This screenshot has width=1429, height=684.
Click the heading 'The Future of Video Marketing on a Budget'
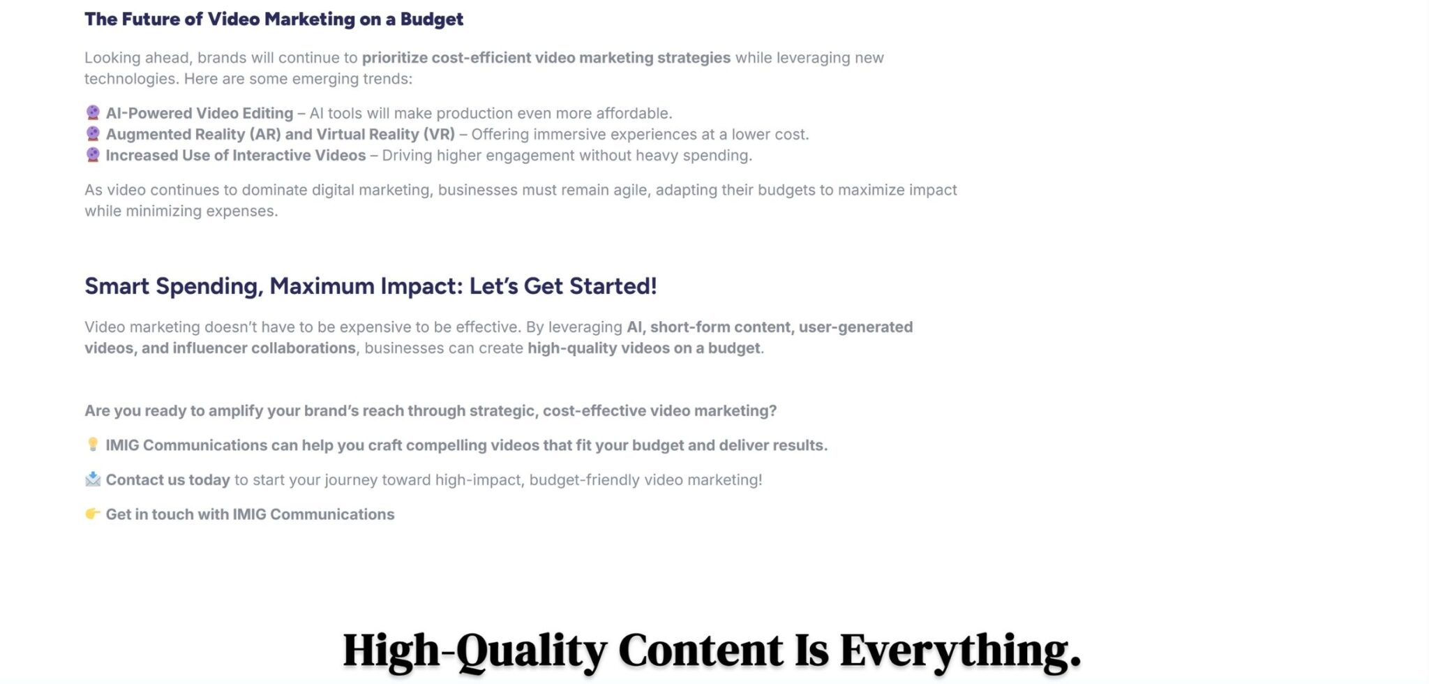tap(274, 20)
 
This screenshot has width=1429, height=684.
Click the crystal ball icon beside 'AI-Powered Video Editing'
tap(93, 112)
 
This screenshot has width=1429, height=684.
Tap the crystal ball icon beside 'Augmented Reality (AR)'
tap(93, 133)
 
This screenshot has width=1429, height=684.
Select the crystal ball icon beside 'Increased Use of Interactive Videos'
tap(93, 154)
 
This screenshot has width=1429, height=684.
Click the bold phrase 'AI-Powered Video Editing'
tap(200, 113)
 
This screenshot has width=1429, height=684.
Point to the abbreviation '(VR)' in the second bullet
tap(439, 134)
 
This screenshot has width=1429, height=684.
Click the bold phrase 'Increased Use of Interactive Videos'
tap(236, 155)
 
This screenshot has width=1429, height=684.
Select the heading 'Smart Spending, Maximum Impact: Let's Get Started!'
tap(371, 286)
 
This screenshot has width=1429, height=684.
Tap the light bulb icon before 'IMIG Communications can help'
tap(93, 444)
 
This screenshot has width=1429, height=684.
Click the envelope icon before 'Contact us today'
tap(93, 479)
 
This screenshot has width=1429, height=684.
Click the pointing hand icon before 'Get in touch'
tap(93, 514)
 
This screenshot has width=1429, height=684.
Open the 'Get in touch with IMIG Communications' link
tap(250, 514)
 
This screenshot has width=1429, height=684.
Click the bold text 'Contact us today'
tap(168, 480)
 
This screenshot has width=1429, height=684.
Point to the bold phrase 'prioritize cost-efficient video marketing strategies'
tap(546, 58)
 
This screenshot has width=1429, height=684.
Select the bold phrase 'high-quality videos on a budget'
tap(644, 348)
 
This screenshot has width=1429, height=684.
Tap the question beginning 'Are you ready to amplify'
tap(431, 411)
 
